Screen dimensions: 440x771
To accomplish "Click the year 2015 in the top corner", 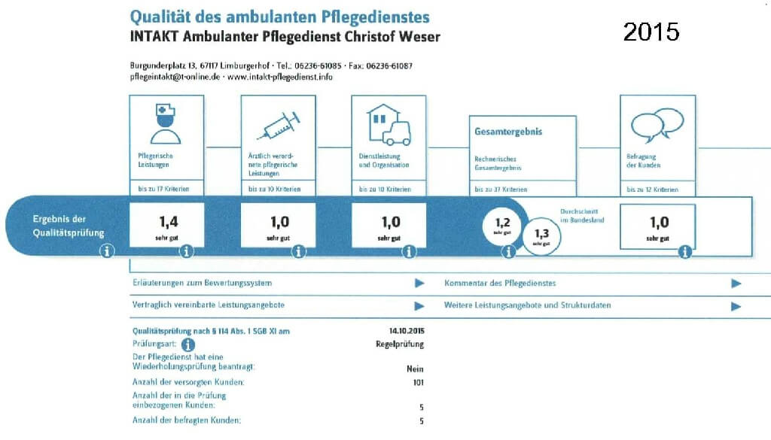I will (651, 32).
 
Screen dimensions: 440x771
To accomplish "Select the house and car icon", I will (388, 125).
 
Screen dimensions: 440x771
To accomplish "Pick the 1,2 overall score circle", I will (501, 225).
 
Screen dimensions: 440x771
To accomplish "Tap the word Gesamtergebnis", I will (508, 132).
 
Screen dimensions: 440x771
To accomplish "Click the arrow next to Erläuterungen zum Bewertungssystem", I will (419, 284).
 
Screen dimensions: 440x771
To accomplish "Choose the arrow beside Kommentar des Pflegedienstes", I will (736, 284).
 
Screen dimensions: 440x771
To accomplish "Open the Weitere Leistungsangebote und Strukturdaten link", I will (527, 306).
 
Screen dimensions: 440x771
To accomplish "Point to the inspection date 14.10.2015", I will (407, 330).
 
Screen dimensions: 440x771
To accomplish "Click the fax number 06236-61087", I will (389, 65).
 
